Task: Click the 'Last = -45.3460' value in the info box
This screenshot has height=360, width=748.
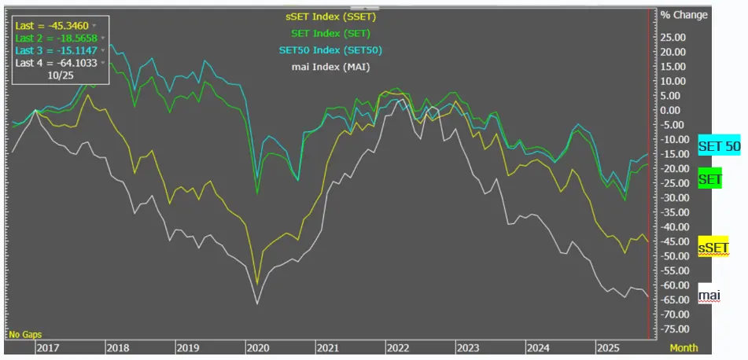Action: tap(52, 26)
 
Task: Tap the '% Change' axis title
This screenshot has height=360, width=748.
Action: tap(684, 15)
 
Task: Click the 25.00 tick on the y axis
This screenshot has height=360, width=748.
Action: tap(673, 37)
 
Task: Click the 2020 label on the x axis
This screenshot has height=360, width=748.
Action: tap(257, 347)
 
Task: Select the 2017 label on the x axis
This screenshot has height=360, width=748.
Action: tap(49, 347)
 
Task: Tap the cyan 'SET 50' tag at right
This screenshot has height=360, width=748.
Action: tap(719, 147)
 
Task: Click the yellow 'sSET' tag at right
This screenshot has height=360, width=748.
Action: tap(713, 249)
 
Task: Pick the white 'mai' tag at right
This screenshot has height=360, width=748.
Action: tap(709, 296)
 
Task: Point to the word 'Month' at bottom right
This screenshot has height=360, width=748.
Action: tap(684, 347)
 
